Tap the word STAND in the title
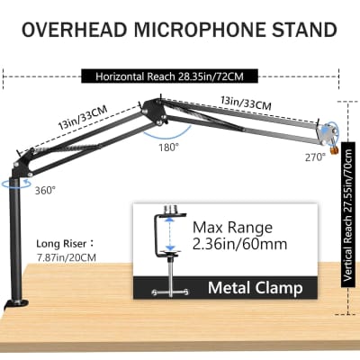305,30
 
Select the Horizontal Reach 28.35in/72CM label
180,76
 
